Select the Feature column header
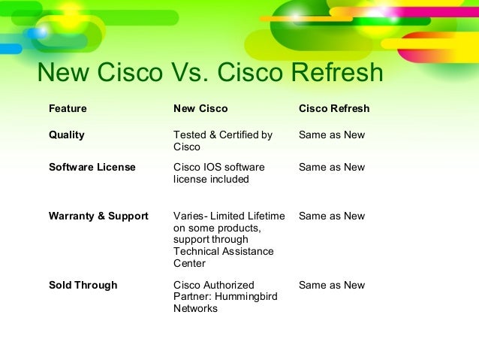[x=68, y=109]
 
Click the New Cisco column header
[x=200, y=109]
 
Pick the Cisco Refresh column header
[x=334, y=109]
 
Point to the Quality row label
[x=67, y=135]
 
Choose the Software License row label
[x=92, y=167]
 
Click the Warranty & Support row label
[x=98, y=216]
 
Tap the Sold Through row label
[x=83, y=286]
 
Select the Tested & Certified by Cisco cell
[x=223, y=141]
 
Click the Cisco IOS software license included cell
[x=219, y=173]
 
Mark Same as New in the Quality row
[x=332, y=135]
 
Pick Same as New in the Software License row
[x=332, y=167]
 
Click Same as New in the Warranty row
[x=332, y=216]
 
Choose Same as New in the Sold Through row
[x=332, y=286]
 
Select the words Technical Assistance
[x=224, y=252]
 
